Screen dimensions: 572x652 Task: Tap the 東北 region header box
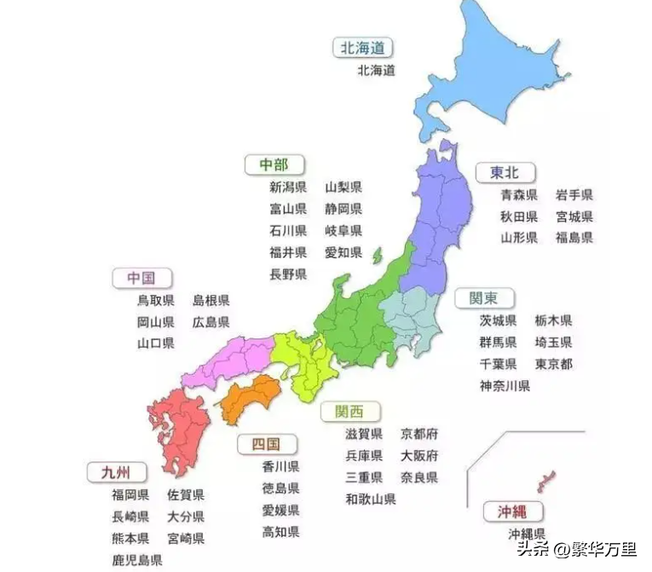[497, 172]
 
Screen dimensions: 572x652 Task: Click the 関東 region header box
[483, 298]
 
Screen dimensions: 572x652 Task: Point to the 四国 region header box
[268, 444]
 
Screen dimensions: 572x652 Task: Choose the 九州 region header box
[116, 471]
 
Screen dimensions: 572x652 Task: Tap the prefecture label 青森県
[519, 195]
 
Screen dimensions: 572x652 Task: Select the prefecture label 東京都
[553, 364]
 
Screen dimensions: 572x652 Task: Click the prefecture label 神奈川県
[505, 385]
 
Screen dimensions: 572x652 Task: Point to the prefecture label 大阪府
[419, 455]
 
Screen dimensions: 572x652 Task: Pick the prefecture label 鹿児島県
[136, 560]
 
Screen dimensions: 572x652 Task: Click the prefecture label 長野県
[288, 274]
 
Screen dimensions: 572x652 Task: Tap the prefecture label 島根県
[211, 300]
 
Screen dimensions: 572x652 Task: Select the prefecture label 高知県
[280, 532]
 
